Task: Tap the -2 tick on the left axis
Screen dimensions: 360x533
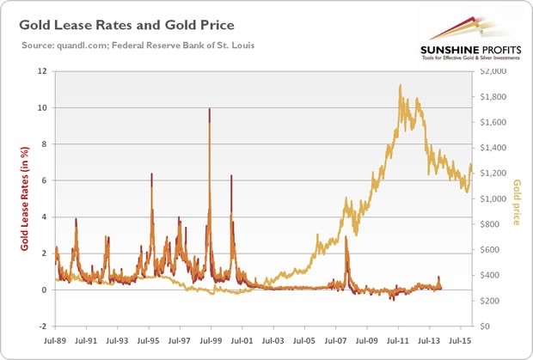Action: (40, 326)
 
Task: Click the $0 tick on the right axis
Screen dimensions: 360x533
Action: (493, 326)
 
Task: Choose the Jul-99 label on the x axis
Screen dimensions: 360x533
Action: (211, 341)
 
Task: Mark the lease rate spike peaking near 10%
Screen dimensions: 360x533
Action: (209, 111)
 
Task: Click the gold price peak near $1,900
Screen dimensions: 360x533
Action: (401, 86)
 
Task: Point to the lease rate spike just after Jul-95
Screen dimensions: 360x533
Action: (151, 175)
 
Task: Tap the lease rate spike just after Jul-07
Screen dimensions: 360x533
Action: (346, 239)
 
